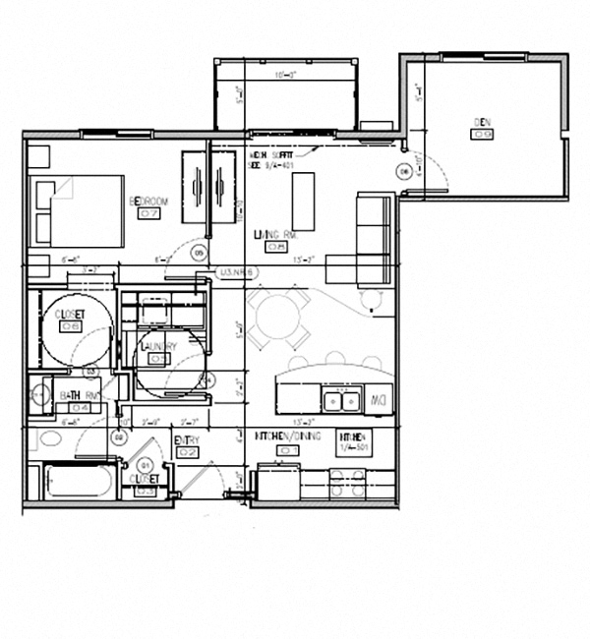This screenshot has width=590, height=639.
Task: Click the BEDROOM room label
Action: pyautogui.click(x=149, y=202)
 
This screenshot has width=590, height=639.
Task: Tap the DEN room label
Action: pyautogui.click(x=482, y=122)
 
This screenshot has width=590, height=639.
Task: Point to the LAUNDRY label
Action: pyautogui.click(x=158, y=347)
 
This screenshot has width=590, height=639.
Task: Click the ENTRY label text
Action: pyautogui.click(x=187, y=440)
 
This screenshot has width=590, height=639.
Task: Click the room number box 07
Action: pyautogui.click(x=150, y=213)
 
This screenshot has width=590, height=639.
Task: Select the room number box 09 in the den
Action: pyautogui.click(x=482, y=134)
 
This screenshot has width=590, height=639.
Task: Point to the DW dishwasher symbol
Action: pyautogui.click(x=377, y=399)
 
